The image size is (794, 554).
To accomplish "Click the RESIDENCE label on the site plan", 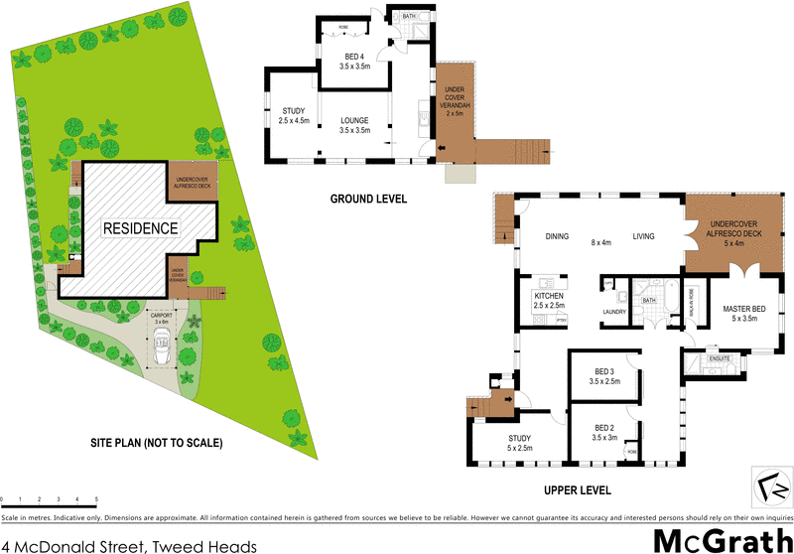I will point(140,227).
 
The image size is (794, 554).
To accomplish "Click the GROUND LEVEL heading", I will point(368,199).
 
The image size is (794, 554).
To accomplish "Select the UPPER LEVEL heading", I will point(578,490).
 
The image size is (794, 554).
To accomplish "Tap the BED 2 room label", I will point(603,431).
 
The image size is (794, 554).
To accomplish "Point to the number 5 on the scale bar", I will point(96,499).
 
